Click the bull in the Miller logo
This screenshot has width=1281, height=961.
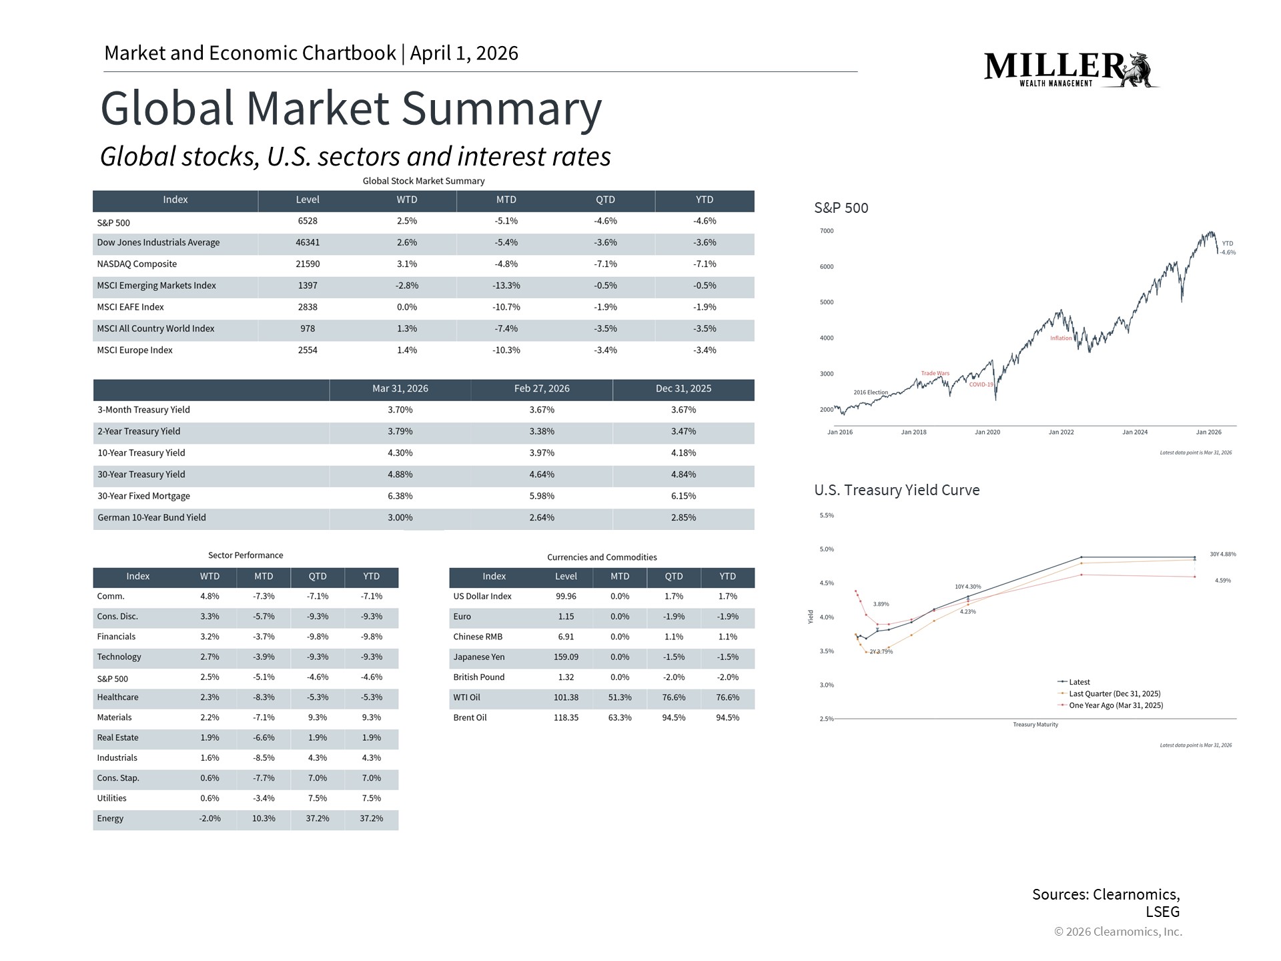coord(1140,69)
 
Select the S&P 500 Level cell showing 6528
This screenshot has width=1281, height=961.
coord(307,221)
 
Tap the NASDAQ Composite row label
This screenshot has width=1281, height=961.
coord(137,264)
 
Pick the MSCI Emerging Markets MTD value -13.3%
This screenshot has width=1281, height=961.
coord(506,286)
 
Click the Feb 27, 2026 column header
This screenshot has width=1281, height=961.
coord(541,389)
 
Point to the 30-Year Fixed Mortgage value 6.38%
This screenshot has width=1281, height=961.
coord(400,497)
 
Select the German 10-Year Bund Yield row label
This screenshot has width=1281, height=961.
coord(151,518)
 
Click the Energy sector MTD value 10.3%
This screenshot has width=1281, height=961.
coord(264,819)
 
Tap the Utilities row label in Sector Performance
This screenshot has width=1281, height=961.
coord(111,799)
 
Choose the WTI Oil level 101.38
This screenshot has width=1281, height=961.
coord(566,698)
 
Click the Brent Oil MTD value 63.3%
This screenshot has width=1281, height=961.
coord(619,718)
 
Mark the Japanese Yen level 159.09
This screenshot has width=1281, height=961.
coord(566,657)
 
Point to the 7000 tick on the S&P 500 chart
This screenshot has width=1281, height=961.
coord(827,232)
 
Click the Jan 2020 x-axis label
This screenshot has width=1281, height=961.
coord(987,432)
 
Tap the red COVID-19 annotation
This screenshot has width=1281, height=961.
coord(981,385)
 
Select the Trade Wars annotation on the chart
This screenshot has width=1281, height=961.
coord(935,374)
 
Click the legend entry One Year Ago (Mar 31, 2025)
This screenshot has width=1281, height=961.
coord(1116,705)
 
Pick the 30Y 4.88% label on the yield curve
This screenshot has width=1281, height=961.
coord(1222,555)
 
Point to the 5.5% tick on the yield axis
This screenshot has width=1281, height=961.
coord(827,516)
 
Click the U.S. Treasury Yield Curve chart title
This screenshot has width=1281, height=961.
coord(897,491)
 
